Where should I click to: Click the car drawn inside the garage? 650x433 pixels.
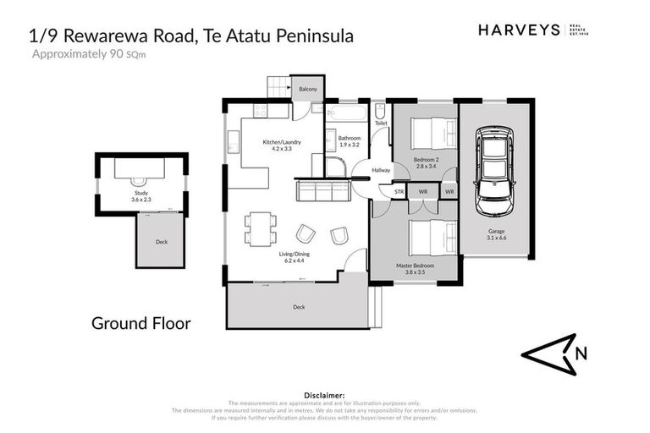pos(496,171)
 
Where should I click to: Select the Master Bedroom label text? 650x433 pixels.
pos(415,266)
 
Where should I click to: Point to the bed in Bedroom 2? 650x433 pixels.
pos(432,134)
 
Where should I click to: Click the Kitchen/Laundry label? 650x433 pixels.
pos(277,142)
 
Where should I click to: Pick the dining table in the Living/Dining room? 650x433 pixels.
pos(259,227)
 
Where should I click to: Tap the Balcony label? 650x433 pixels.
pos(307,87)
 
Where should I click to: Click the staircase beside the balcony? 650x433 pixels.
pos(279,87)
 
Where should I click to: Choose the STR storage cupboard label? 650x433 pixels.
pos(399,192)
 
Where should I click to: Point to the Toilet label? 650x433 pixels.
pos(381,123)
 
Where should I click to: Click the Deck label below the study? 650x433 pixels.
pos(162,241)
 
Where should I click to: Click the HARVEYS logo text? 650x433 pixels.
pos(519,30)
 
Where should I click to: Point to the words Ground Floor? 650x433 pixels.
pos(140,323)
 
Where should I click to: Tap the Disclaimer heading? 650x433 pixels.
pos(324,395)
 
